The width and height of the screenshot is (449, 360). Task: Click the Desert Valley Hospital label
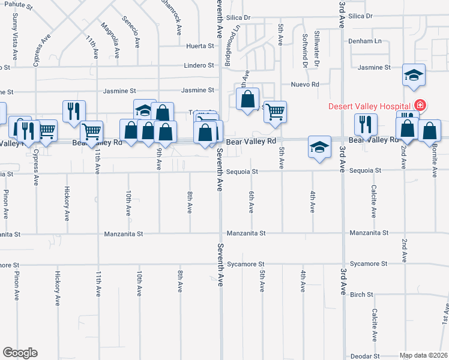tap(370, 107)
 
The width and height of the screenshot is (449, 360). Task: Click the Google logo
tap(20, 353)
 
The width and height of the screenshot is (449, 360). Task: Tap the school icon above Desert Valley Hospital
tap(414, 75)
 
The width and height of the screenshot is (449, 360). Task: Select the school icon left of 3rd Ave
tap(319, 147)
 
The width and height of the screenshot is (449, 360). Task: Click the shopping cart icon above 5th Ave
tap(275, 111)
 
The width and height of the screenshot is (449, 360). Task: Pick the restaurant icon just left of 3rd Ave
tap(365, 124)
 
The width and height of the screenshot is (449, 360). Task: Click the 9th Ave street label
tap(159, 159)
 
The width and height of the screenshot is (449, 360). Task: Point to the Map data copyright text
tap(423, 355)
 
